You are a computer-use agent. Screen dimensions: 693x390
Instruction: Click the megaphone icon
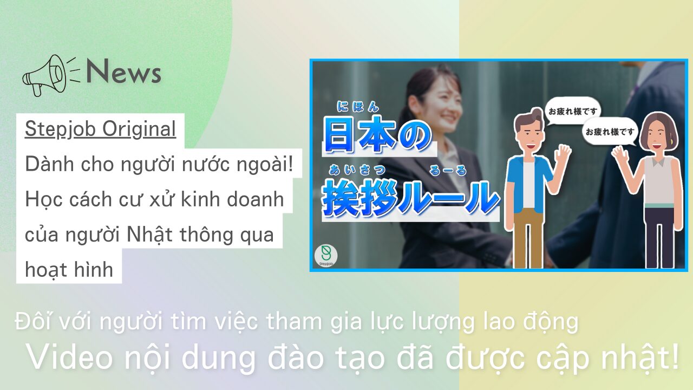(51, 75)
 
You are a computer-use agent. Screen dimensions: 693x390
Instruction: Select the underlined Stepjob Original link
(100, 129)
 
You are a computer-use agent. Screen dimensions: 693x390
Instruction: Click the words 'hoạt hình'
(69, 270)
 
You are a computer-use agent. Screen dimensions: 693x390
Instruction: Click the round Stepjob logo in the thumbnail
(326, 256)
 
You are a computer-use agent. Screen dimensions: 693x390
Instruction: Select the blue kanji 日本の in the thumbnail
(377, 135)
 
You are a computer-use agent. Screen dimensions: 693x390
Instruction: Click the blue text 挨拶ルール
(410, 198)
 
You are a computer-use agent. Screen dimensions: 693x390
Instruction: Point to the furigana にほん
(358, 107)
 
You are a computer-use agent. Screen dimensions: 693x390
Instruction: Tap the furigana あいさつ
(357, 170)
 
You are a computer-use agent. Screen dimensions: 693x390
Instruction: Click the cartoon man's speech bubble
(572, 112)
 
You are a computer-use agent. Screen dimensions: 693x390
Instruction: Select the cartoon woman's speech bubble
(610, 132)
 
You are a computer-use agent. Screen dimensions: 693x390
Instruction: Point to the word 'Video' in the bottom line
(69, 358)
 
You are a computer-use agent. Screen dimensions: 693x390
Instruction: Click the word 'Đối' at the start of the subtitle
(34, 321)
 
